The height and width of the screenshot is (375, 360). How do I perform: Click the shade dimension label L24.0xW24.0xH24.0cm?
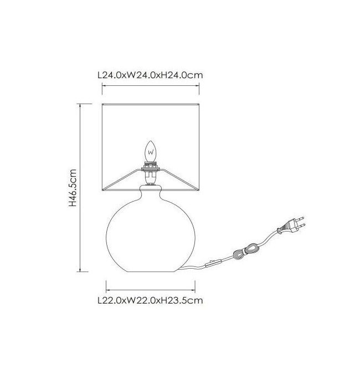click(x=150, y=75)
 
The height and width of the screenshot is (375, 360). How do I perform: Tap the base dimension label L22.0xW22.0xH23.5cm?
click(x=150, y=300)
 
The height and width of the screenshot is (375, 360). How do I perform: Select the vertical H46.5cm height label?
click(x=73, y=188)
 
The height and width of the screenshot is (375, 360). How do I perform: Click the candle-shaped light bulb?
click(x=151, y=151)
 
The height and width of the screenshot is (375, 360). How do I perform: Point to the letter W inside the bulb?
click(x=151, y=152)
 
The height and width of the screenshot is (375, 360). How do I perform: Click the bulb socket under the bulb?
click(x=151, y=173)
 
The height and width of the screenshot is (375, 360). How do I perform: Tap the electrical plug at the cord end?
click(x=291, y=226)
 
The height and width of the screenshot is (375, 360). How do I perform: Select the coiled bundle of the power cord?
click(x=246, y=250)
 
